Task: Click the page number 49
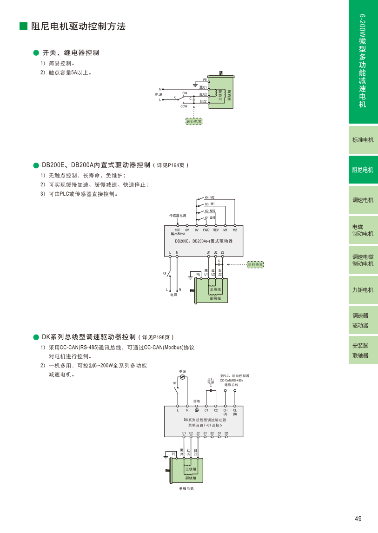tap(358, 519)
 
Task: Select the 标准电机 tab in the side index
tap(363, 139)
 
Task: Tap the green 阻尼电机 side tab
tap(363, 170)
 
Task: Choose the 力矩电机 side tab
tap(363, 290)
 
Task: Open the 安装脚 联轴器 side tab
tap(361, 350)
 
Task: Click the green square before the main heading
tap(23, 26)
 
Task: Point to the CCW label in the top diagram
tap(184, 106)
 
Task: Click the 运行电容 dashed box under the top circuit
tap(194, 121)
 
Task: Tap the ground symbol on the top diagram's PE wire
tap(195, 85)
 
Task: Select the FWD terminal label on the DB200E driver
tap(206, 230)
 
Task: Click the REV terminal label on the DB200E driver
tap(216, 230)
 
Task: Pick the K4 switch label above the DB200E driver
tap(207, 197)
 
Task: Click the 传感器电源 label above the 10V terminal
tap(178, 216)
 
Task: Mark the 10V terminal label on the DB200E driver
tap(177, 230)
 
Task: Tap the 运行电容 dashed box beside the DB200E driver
tap(255, 264)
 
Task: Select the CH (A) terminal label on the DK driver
tap(225, 412)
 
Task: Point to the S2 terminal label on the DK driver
tap(226, 433)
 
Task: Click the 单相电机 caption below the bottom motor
tap(186, 488)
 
